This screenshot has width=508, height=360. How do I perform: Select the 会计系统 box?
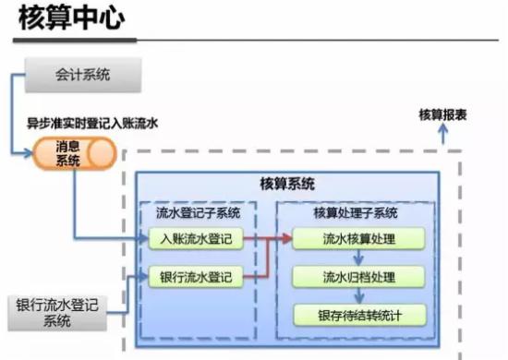82,75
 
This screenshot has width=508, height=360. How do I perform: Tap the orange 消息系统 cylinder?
68,153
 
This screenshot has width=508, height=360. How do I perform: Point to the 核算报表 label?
442,114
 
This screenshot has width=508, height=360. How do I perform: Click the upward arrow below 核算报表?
442,134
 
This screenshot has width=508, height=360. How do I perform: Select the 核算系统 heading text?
287,182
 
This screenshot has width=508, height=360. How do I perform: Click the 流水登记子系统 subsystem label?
198,213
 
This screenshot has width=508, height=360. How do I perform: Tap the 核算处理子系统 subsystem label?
356,213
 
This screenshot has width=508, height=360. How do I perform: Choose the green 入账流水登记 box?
196,240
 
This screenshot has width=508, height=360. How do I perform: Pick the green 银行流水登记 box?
196,277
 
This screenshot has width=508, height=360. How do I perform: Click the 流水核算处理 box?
360,240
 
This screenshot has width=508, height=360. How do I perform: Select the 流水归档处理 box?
360,277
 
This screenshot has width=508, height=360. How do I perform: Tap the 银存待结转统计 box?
360,315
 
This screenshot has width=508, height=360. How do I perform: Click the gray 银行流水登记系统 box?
57,312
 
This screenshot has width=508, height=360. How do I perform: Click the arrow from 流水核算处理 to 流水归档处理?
359,258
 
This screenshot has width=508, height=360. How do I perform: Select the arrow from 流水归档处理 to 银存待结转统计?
359,296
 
